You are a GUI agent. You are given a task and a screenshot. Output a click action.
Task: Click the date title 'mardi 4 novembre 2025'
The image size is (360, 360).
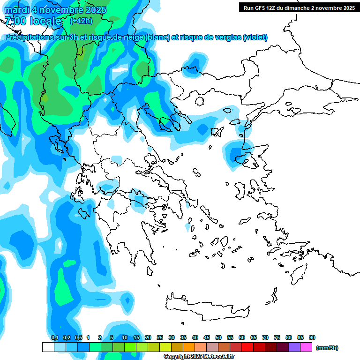point(56,10)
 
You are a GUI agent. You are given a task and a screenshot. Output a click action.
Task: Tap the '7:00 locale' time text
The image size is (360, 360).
point(33,21)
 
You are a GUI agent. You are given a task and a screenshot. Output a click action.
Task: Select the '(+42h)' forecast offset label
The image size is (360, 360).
point(81,21)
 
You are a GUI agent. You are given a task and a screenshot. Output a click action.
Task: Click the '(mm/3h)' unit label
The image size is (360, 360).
point(327,348)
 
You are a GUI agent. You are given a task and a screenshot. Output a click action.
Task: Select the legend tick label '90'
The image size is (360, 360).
point(312,337)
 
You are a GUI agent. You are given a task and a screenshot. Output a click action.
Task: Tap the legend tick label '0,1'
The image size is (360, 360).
point(55,337)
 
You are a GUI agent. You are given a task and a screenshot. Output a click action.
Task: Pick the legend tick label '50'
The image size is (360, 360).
point(218,337)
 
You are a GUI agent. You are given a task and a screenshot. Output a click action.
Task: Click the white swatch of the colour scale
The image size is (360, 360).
point(48,347)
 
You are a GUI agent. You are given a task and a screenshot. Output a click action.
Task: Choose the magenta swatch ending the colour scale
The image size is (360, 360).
point(306,347)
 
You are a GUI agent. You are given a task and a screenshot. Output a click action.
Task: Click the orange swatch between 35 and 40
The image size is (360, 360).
point(189,347)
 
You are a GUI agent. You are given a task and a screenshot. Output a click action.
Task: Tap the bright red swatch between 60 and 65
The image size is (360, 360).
point(247,347)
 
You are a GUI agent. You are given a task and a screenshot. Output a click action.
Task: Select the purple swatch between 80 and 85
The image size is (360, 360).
point(294,347)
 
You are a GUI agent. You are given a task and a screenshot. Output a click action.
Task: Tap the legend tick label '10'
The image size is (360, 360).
point(125,337)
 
